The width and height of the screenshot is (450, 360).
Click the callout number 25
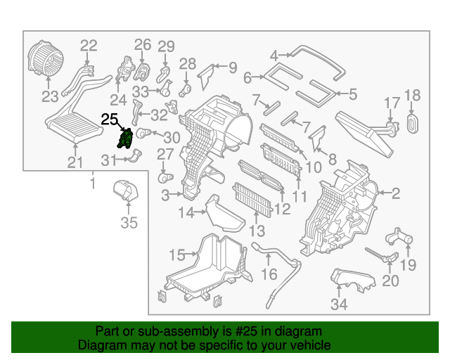click(x=110, y=119)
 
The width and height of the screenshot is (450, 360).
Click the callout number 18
click(x=412, y=95)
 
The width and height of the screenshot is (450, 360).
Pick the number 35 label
click(x=129, y=224)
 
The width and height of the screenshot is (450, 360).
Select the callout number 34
click(x=340, y=304)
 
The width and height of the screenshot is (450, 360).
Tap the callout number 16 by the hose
click(x=269, y=272)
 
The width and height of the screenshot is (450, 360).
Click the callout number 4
click(x=274, y=53)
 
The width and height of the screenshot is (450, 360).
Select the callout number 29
click(x=165, y=47)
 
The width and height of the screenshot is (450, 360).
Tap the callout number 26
click(x=143, y=45)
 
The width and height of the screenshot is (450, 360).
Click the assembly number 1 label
click(x=91, y=184)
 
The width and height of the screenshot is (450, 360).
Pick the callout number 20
click(x=390, y=281)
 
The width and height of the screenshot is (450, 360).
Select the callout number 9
click(x=233, y=67)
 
